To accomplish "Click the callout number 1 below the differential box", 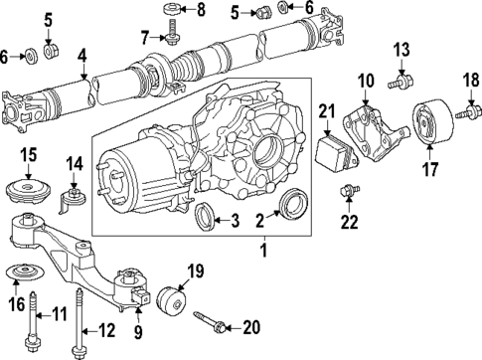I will pos(264,254).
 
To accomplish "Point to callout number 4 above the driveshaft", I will pos(83,54).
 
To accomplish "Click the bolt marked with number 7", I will pos(173,36).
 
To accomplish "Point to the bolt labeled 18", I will pos(464,117).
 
